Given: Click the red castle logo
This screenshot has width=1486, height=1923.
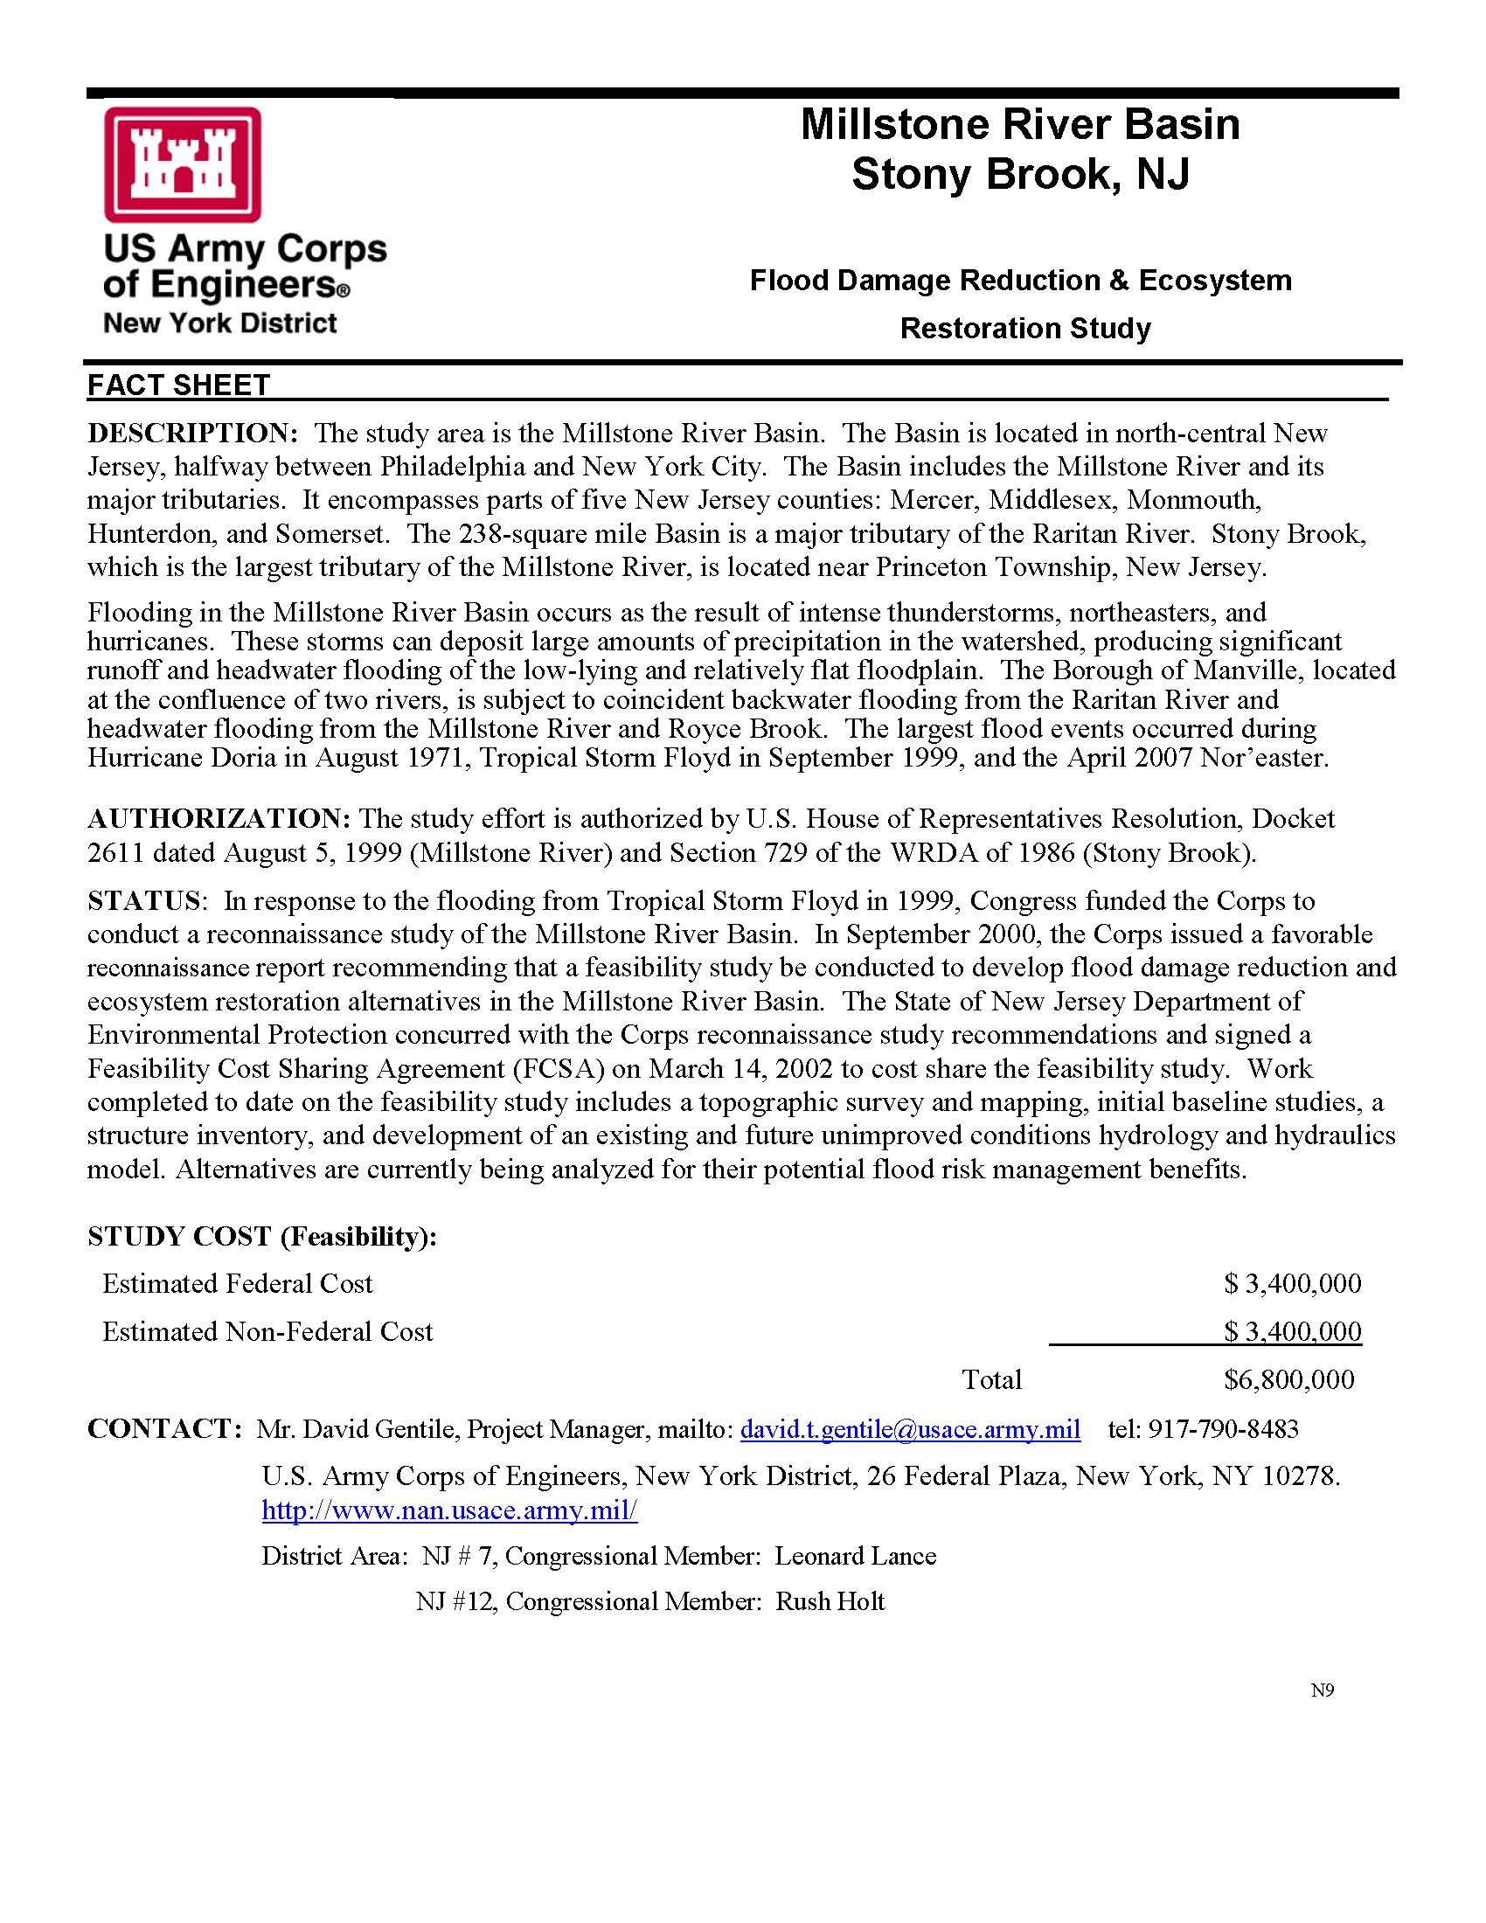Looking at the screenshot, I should click(182, 163).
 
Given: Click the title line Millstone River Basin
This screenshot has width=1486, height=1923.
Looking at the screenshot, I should click(1019, 124).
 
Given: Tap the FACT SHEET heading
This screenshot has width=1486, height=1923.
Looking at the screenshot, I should click(178, 385).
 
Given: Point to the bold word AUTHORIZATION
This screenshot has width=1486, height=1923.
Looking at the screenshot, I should click(219, 819).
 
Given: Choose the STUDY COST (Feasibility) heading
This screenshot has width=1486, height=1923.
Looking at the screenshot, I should click(262, 1236).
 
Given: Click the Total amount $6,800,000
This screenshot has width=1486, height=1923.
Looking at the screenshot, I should click(1288, 1378).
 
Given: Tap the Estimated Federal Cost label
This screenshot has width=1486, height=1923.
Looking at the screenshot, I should click(238, 1284).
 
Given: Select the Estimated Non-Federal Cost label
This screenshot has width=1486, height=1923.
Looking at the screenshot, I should click(267, 1331).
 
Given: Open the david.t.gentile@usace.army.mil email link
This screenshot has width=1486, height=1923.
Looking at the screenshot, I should click(909, 1428).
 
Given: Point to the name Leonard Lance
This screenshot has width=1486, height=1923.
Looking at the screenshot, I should click(855, 1556).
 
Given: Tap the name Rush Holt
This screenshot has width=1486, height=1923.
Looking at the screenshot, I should click(830, 1600).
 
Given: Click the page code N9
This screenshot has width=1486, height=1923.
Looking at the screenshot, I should click(1322, 1690).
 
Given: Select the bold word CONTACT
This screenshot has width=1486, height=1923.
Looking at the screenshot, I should click(162, 1428).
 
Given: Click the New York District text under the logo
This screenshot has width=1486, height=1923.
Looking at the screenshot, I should click(220, 323).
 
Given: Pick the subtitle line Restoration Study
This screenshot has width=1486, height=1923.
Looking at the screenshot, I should click(1024, 329).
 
